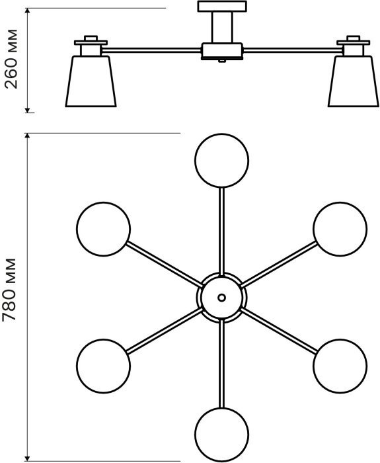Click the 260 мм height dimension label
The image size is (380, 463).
click(x=11, y=59)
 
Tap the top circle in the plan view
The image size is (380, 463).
click(x=222, y=160)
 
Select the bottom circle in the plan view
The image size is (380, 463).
click(x=222, y=435)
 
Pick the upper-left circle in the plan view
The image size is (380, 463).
click(x=103, y=229)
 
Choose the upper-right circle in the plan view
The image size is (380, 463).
click(x=340, y=229)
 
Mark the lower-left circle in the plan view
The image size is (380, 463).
click(x=103, y=366)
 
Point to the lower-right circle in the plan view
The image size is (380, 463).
click(x=340, y=366)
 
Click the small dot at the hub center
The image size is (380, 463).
click(x=222, y=298)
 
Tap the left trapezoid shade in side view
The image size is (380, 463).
click(x=91, y=81)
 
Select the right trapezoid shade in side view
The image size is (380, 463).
click(x=354, y=81)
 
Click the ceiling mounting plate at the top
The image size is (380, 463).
click(x=222, y=7)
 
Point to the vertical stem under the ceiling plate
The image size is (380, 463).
click(x=222, y=28)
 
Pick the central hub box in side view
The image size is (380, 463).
click(x=222, y=52)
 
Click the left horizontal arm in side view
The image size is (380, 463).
click(x=151, y=50)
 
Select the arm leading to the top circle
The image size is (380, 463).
click(x=222, y=232)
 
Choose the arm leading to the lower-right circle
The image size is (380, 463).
click(x=279, y=331)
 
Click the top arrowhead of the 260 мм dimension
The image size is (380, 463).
click(x=28, y=11)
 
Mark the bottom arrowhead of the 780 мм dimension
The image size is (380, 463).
click(x=28, y=458)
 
